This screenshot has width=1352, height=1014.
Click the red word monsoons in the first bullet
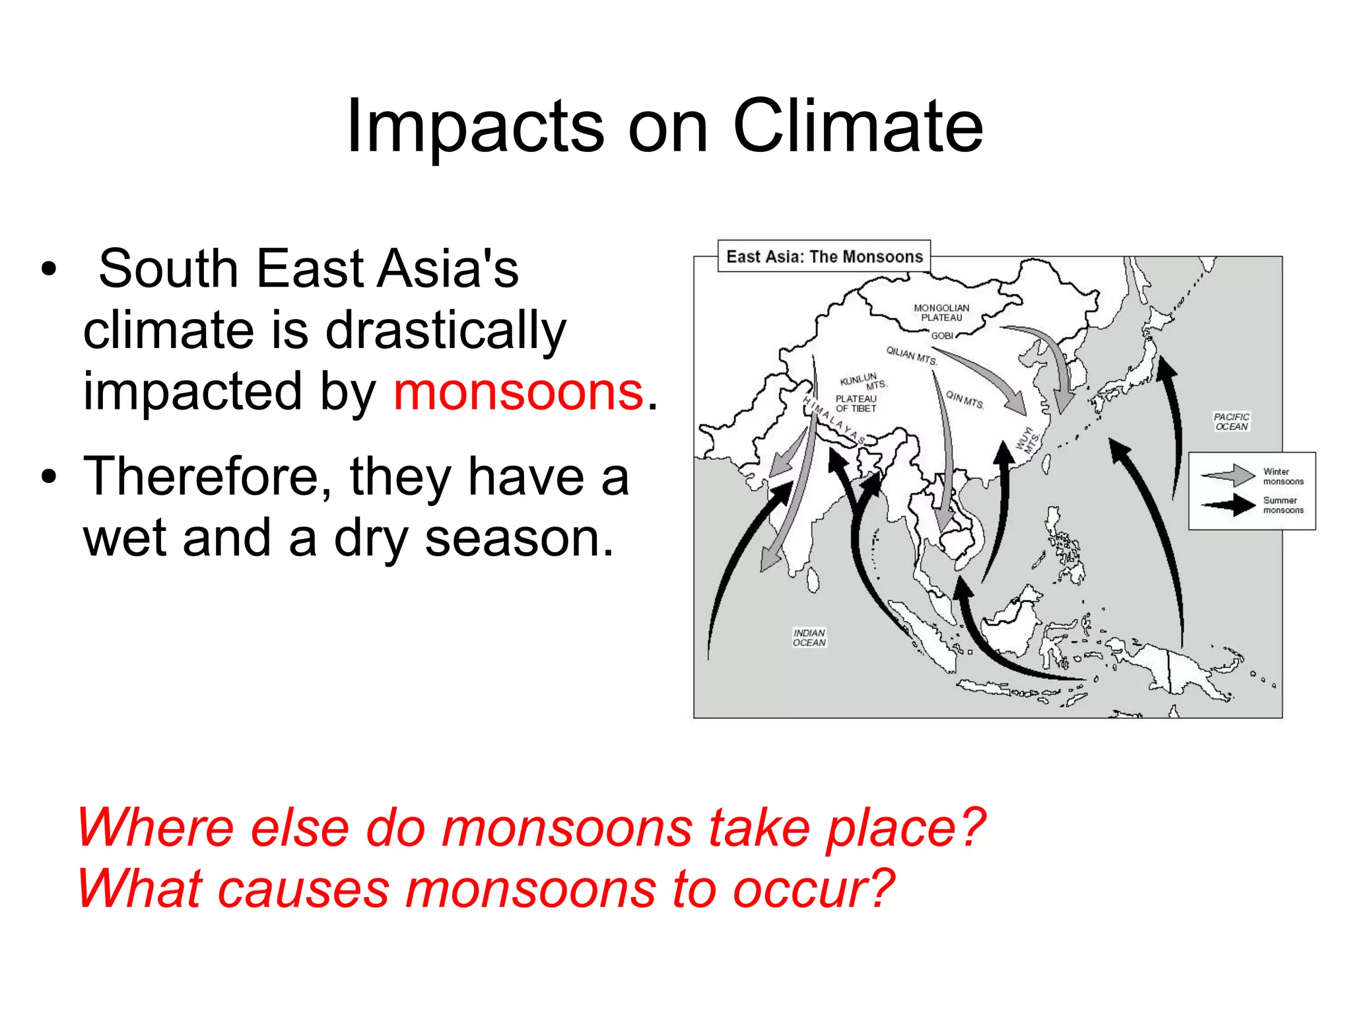click(x=518, y=392)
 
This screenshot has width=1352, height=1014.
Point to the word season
click(x=519, y=538)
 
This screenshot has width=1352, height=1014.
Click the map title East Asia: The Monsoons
click(x=824, y=256)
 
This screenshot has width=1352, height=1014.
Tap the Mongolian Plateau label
click(x=941, y=312)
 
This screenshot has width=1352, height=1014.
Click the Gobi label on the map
click(x=941, y=336)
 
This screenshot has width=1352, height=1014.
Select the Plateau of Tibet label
click(x=856, y=404)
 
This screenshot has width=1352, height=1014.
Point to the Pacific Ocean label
click(x=1231, y=421)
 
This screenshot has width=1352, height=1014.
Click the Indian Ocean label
click(x=809, y=637)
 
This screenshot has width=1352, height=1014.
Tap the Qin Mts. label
click(x=964, y=400)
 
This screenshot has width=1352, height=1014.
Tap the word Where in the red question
click(x=155, y=828)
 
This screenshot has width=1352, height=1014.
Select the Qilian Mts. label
click(x=911, y=355)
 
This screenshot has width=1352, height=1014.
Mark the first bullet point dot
click(x=48, y=270)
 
